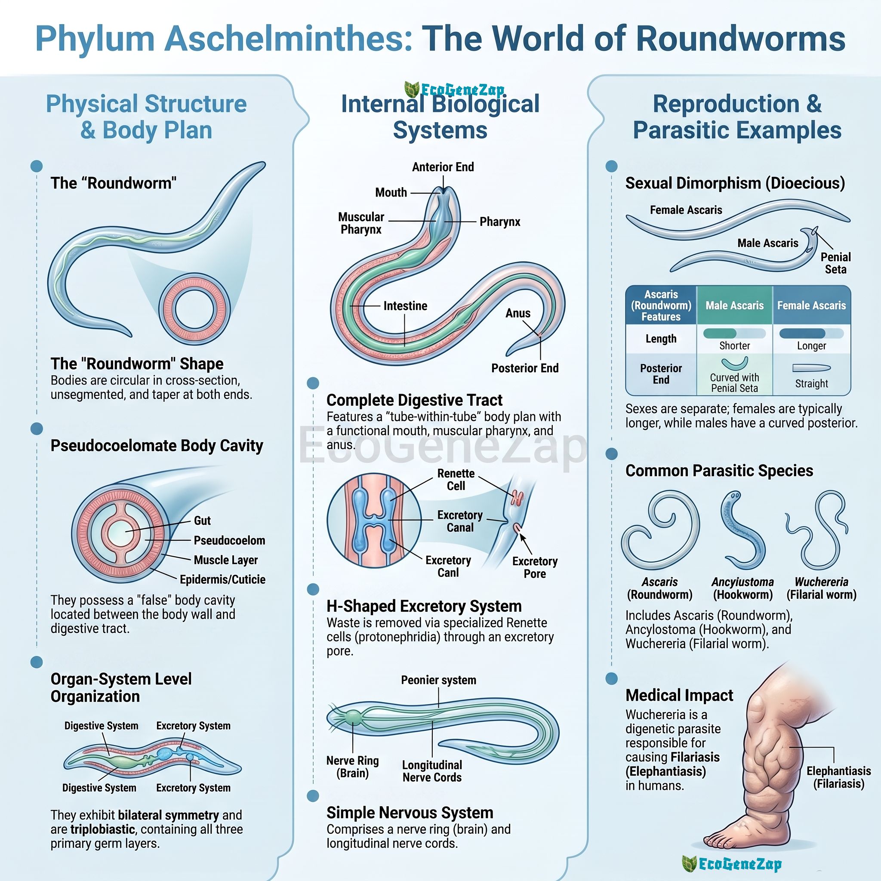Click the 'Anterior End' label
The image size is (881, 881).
tap(443, 167)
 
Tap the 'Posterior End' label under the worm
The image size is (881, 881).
tap(525, 368)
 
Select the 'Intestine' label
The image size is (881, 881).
tap(405, 306)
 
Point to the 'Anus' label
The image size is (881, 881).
tap(518, 313)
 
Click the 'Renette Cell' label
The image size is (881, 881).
tap(456, 480)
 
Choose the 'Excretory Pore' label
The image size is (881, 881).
tap(535, 567)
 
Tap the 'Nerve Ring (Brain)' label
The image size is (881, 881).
tap(352, 767)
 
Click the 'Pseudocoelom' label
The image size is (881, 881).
tap(229, 540)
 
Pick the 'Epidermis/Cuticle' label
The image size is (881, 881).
tap(222, 579)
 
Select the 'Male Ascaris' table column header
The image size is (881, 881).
tap(735, 305)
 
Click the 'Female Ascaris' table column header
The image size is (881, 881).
tap(812, 305)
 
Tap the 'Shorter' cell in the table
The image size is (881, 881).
tap(735, 346)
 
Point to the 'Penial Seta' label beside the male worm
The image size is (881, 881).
tap(836, 263)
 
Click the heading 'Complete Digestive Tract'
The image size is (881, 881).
tap(415, 400)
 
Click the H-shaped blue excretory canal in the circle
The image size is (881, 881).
tap(374, 520)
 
